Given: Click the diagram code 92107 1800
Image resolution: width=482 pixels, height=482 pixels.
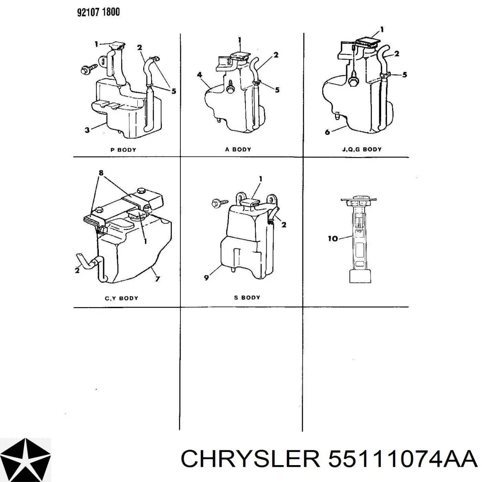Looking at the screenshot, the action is point(98,12).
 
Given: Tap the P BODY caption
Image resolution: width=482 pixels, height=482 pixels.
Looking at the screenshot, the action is point(123,150).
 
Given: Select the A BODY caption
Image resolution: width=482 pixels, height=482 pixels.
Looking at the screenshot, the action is point(238,149).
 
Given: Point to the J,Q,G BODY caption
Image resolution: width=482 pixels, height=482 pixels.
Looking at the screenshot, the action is point(361,149).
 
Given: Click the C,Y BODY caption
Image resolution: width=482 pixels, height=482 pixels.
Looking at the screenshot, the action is point(121,298).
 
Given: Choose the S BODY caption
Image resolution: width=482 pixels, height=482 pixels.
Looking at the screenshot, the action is point(247,297).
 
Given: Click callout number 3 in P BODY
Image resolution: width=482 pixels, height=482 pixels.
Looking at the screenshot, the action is point(87,130).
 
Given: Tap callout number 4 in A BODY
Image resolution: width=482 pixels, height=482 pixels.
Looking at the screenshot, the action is point(199,75).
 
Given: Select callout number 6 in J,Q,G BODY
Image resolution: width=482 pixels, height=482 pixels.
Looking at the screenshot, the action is point(327,132).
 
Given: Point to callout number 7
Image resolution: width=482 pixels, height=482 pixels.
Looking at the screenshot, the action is point(157,279).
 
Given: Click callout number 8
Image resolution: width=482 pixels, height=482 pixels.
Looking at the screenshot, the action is point(101,173).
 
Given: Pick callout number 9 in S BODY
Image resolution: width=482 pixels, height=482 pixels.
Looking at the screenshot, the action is point(206,278).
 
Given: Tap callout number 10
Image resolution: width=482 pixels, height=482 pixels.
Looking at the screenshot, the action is point(333,239).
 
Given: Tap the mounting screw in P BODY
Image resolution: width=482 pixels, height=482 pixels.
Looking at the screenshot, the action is point(89,69).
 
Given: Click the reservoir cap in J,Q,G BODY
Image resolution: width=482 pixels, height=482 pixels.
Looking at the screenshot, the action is point(368,43).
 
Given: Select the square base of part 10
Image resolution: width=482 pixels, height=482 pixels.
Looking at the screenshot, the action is point(360,276).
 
